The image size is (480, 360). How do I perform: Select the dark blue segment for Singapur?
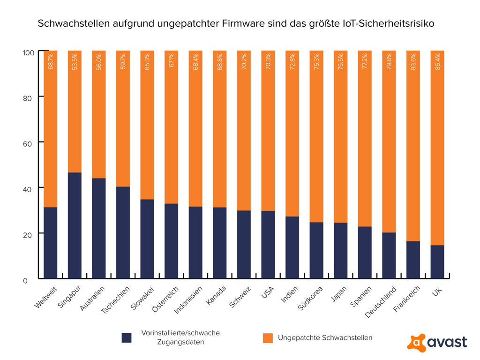(75, 225)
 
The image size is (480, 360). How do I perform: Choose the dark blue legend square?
(127, 337)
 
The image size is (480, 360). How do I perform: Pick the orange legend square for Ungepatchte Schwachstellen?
(268, 337)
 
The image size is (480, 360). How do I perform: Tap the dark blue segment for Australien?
(99, 227)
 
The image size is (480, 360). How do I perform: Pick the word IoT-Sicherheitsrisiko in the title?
(384, 23)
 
